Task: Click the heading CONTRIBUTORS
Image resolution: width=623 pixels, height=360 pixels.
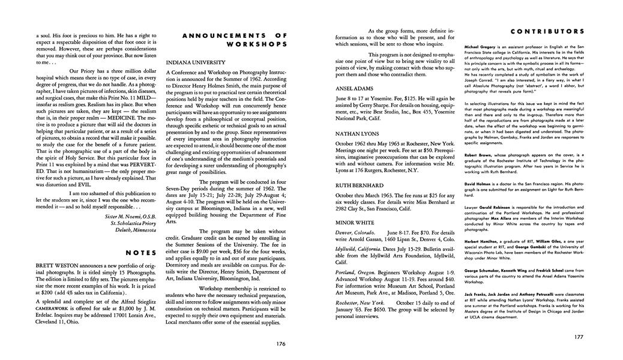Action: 547,31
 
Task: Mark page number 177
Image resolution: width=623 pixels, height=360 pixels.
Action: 578,337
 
